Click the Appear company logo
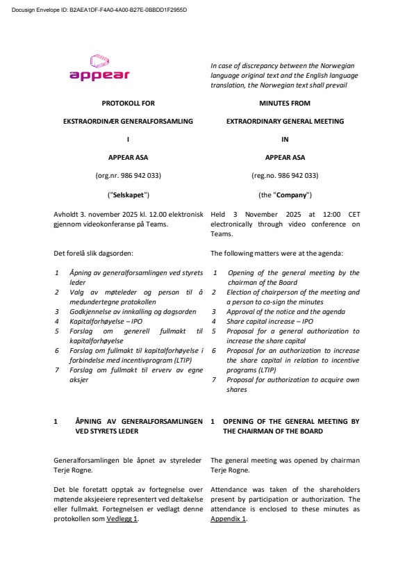pyautogui.click(x=99, y=67)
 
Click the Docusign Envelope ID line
pyautogui.click(x=99, y=10)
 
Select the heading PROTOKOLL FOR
pyautogui.click(x=128, y=103)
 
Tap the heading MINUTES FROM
pyautogui.click(x=285, y=103)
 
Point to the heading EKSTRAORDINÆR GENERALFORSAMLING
pyautogui.click(x=128, y=121)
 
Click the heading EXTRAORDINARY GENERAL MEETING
pyautogui.click(x=285, y=121)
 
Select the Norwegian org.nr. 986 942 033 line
pyautogui.click(x=128, y=176)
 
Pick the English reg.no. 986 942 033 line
pyautogui.click(x=285, y=176)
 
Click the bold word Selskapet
pyautogui.click(x=128, y=195)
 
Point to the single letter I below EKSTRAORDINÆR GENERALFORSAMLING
pyautogui.click(x=128, y=139)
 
